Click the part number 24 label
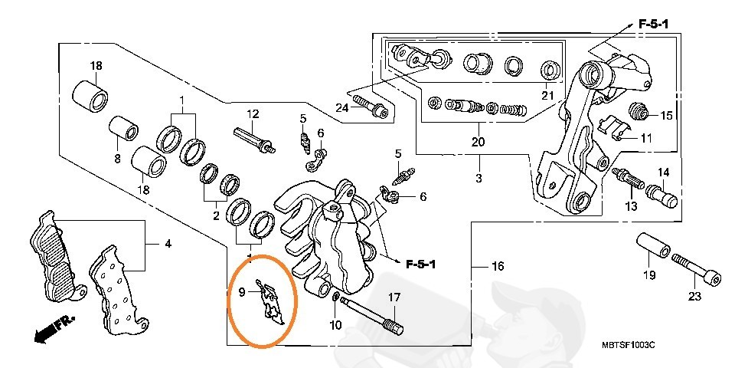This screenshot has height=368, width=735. (341, 107)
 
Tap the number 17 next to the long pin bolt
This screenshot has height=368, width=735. (394, 297)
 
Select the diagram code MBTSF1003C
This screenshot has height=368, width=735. (628, 347)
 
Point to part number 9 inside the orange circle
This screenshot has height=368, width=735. (242, 291)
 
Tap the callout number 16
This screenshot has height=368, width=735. (498, 267)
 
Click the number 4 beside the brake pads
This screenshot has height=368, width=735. (168, 245)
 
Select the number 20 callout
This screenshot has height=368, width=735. (479, 143)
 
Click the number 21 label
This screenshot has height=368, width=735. (547, 96)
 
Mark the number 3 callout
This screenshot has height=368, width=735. (479, 178)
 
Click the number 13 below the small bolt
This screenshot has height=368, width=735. (631, 207)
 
